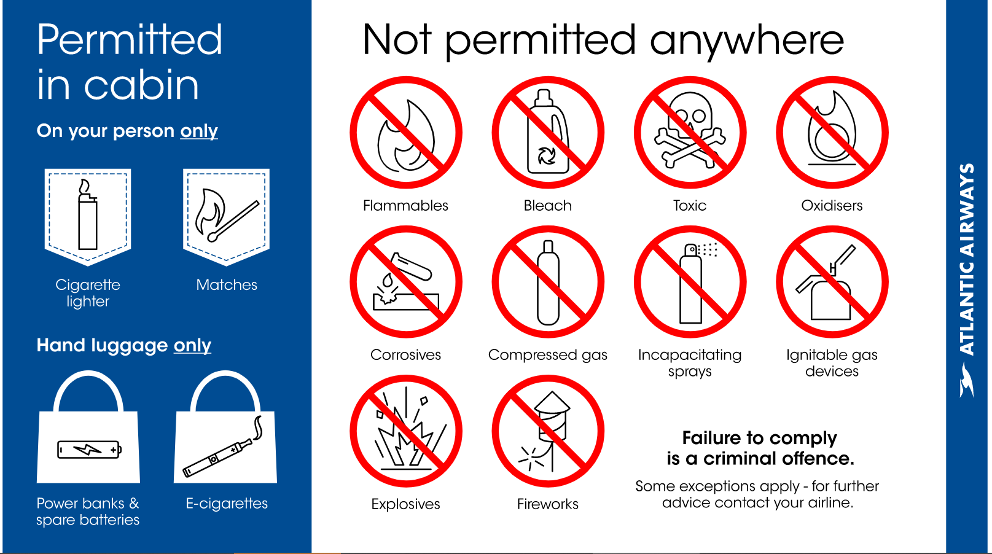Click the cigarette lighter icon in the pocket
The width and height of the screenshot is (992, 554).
point(88,215)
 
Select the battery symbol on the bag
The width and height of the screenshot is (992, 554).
point(90,450)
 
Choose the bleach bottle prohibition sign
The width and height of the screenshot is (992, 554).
point(549,133)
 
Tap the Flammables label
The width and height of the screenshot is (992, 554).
point(405,206)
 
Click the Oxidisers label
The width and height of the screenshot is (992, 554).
point(832,206)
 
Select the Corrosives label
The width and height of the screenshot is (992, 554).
point(405,355)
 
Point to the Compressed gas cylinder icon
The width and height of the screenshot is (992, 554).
point(549,283)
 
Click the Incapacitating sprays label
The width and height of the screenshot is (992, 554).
point(690,363)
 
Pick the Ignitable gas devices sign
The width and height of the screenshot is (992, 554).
point(832,282)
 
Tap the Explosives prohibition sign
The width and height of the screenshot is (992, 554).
point(406,431)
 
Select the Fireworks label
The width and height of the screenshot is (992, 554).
point(548,504)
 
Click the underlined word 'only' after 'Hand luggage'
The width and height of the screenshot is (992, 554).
point(192,345)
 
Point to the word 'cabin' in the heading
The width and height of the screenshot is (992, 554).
point(141,85)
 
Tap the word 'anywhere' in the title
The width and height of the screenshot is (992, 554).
point(747,41)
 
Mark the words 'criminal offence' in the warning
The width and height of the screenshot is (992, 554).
point(779,458)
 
